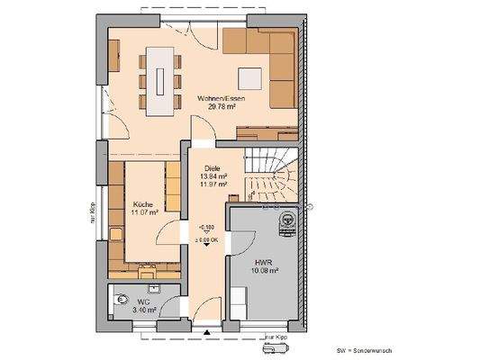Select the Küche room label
click(142, 205)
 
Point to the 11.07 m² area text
click(144, 214)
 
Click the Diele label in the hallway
click(212, 168)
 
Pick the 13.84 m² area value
click(214, 177)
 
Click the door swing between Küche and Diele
click(167, 236)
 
